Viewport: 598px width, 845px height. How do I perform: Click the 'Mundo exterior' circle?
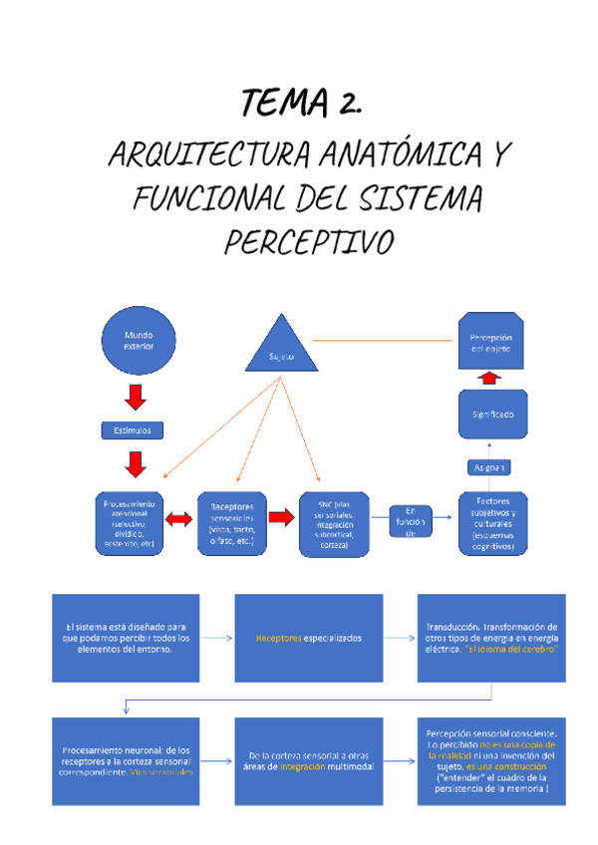139,342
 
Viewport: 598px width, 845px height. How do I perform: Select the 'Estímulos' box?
139,430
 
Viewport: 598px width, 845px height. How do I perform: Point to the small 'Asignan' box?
489,466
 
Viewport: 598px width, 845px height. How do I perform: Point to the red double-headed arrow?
181,519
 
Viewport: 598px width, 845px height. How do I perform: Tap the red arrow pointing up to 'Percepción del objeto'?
488,379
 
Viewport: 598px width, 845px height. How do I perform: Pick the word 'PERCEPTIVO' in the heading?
309,241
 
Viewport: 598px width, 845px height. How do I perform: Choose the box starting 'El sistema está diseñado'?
127,637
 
